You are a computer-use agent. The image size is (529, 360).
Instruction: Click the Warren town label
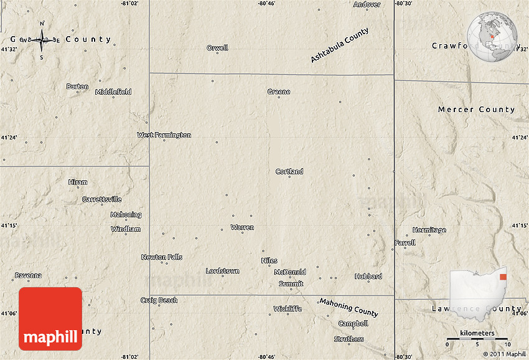coord(242,227)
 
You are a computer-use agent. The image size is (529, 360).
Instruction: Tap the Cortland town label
coord(289,171)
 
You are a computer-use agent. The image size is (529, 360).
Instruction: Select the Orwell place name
coord(217,48)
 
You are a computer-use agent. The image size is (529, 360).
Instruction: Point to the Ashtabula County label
coord(340,45)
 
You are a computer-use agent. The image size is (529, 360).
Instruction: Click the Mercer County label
coord(476,110)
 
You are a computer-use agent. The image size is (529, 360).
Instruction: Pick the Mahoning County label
coord(349,306)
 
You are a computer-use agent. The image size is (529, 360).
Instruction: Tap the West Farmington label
coord(164,135)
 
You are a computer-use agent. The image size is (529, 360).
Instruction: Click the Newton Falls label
coord(161,257)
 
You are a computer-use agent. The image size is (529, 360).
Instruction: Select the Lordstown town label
coord(222,271)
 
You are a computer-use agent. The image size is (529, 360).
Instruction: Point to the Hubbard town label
coord(368,276)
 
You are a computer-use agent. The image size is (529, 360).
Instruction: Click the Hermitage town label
coord(429,230)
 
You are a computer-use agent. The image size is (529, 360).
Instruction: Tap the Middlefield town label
coord(113,92)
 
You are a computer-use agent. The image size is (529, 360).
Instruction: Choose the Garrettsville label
coord(102,199)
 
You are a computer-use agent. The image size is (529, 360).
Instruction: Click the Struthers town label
coord(349,339)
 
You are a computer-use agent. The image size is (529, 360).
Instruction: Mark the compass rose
coord(42,40)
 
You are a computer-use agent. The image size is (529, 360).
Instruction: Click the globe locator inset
coord(493,37)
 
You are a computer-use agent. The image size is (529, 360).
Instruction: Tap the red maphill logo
coord(50,319)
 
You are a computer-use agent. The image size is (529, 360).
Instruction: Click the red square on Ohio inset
coord(503,277)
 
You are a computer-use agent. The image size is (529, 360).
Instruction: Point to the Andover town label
coord(367,4)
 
